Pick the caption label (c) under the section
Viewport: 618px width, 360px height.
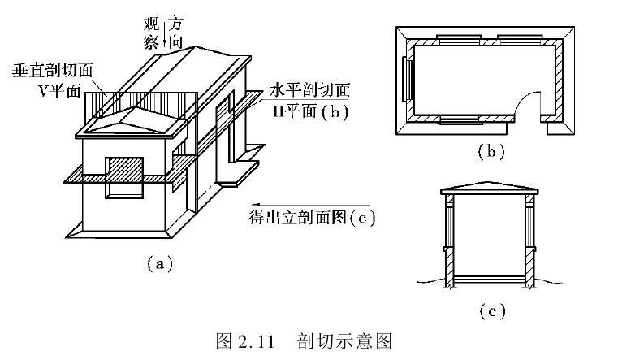point(486,310)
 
